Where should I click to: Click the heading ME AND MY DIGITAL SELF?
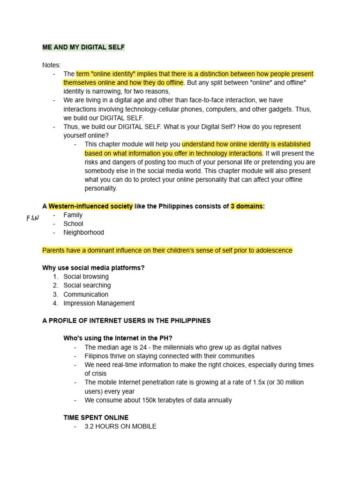(x=83, y=47)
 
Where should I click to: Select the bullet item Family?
(x=73, y=215)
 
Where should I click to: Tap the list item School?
(x=73, y=224)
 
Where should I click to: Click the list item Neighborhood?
(x=83, y=232)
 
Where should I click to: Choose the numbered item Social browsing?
(x=86, y=277)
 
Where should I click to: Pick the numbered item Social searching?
(x=87, y=285)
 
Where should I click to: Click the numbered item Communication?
(x=86, y=294)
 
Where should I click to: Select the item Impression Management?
(x=99, y=303)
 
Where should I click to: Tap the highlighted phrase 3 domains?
(x=247, y=206)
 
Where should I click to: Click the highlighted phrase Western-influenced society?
(x=90, y=206)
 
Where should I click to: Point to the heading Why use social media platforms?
(x=93, y=268)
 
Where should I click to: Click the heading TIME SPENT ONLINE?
(x=96, y=418)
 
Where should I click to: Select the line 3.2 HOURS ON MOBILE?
(x=120, y=427)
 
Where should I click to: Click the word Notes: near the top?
(x=52, y=65)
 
